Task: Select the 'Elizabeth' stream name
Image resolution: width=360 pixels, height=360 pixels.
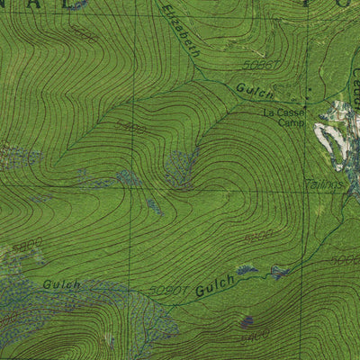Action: [x=183, y=31]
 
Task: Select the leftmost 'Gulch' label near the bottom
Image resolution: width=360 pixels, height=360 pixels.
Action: [x=61, y=284]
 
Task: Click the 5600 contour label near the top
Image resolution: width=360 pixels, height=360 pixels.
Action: [x=84, y=35]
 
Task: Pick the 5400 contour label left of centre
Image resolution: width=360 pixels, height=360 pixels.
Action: [x=131, y=129]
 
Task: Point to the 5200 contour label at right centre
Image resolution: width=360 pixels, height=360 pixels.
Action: [x=258, y=237]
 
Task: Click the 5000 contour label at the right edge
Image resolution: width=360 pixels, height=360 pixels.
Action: [x=346, y=261]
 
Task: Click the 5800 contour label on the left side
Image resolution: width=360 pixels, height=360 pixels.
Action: [x=28, y=244]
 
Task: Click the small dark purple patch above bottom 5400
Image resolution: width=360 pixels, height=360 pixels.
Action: [x=247, y=321]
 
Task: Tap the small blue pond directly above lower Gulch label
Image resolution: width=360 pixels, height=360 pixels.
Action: [x=245, y=269]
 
